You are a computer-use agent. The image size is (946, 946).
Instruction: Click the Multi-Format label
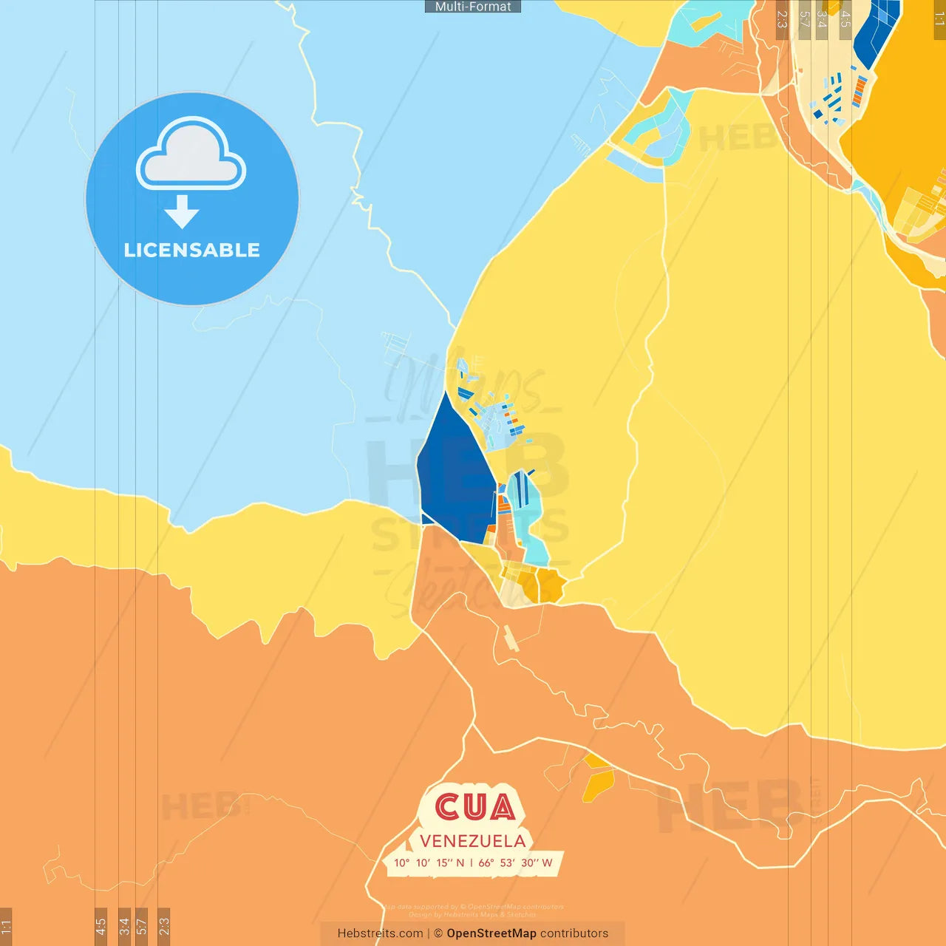click(x=473, y=7)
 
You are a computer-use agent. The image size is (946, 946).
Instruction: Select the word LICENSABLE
click(x=192, y=251)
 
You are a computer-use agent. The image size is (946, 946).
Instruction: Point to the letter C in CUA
click(x=449, y=808)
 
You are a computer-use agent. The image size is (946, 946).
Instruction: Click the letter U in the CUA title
click(x=474, y=808)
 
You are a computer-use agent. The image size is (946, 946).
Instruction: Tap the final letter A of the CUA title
click(x=502, y=808)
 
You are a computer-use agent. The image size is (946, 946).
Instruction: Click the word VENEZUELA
click(x=473, y=841)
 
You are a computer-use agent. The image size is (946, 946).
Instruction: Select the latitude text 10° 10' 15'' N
click(x=429, y=862)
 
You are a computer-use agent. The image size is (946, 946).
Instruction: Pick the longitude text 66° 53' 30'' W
click(x=515, y=862)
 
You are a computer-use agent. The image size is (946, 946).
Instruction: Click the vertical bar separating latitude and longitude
click(x=472, y=862)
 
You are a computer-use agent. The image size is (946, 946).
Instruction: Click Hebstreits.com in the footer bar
click(x=380, y=933)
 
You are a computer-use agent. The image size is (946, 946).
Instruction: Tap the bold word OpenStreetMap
click(x=491, y=933)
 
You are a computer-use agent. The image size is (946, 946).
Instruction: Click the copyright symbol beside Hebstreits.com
click(x=438, y=933)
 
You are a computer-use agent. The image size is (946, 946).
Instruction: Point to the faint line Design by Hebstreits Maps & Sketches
click(x=473, y=914)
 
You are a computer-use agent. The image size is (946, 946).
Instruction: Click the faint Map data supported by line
click(x=473, y=907)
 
